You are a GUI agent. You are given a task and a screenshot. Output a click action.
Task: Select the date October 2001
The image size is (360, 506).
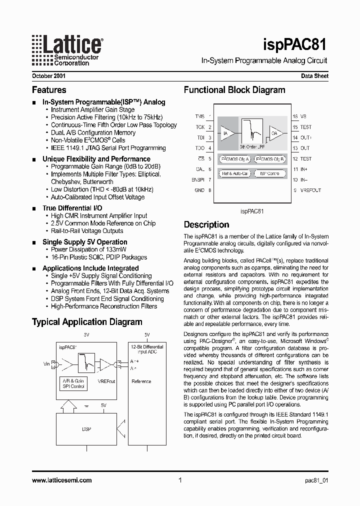point(48,76)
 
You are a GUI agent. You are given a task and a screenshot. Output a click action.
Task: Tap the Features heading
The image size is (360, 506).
point(49,90)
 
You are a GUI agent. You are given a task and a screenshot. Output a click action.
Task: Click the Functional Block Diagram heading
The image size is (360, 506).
point(234,90)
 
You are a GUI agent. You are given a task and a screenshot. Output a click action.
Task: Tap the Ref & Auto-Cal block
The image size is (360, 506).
point(234,173)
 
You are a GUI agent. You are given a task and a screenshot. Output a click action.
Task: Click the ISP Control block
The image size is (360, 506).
point(269,173)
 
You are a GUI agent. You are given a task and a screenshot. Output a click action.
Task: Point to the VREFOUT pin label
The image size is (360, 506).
point(310,190)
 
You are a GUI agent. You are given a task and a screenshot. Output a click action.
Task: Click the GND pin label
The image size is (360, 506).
point(199,190)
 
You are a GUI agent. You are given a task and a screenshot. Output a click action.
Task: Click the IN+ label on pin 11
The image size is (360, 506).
point(303,169)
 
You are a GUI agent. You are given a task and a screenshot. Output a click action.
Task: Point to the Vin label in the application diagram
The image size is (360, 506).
point(46,364)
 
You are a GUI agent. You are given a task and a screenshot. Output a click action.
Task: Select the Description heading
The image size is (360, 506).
point(206,225)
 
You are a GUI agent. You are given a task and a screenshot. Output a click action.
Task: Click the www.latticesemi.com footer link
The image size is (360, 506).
point(62,480)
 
